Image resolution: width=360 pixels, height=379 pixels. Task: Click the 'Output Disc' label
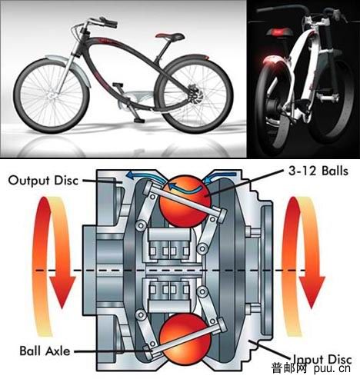click(x=43, y=181)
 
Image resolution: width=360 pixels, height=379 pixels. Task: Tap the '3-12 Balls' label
click(x=318, y=171)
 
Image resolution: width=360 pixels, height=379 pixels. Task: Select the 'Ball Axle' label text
click(x=45, y=351)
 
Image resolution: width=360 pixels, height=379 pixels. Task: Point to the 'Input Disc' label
click(x=322, y=359)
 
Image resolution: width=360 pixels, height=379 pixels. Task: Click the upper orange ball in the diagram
click(x=185, y=201)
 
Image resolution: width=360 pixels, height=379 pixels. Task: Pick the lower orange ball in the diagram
click(x=185, y=338)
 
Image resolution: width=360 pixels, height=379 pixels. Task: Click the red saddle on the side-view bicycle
click(x=169, y=36)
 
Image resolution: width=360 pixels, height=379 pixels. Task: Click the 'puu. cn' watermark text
click(x=332, y=369)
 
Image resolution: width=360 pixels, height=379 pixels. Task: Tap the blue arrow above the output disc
click(x=144, y=176)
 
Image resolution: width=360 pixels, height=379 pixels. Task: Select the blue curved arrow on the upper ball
click(x=184, y=188)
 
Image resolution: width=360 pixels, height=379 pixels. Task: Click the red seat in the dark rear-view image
click(x=278, y=33)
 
